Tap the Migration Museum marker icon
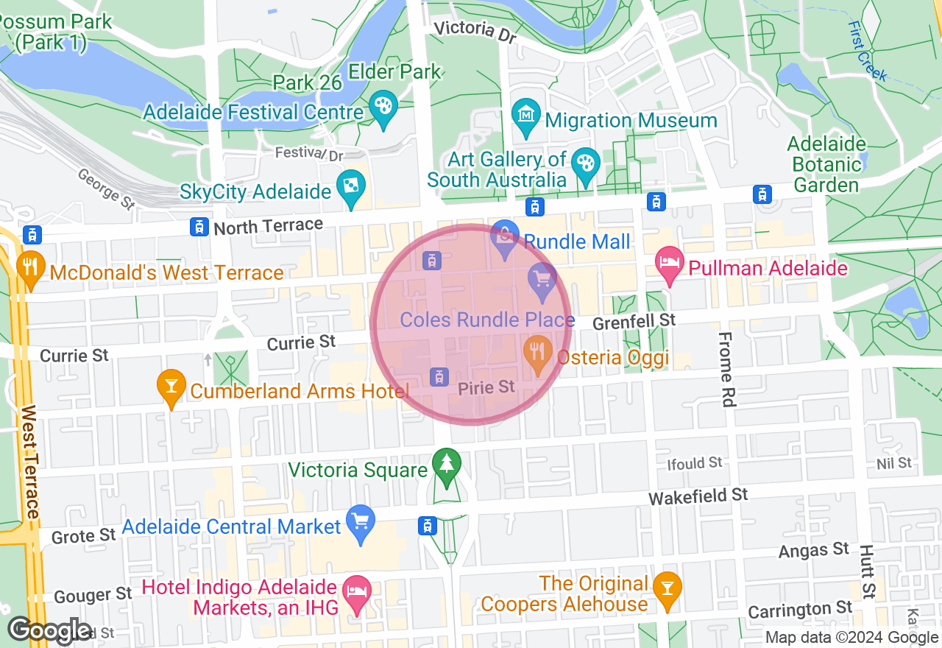[x=526, y=116]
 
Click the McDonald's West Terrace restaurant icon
[x=30, y=267]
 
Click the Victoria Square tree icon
[x=446, y=465]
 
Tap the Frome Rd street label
[x=726, y=369]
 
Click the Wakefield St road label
[x=698, y=497]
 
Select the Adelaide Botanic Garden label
[x=826, y=164]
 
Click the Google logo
[x=50, y=630]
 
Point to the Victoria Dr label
[x=475, y=30]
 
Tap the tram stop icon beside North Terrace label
[x=198, y=227]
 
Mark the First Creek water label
[x=868, y=52]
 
